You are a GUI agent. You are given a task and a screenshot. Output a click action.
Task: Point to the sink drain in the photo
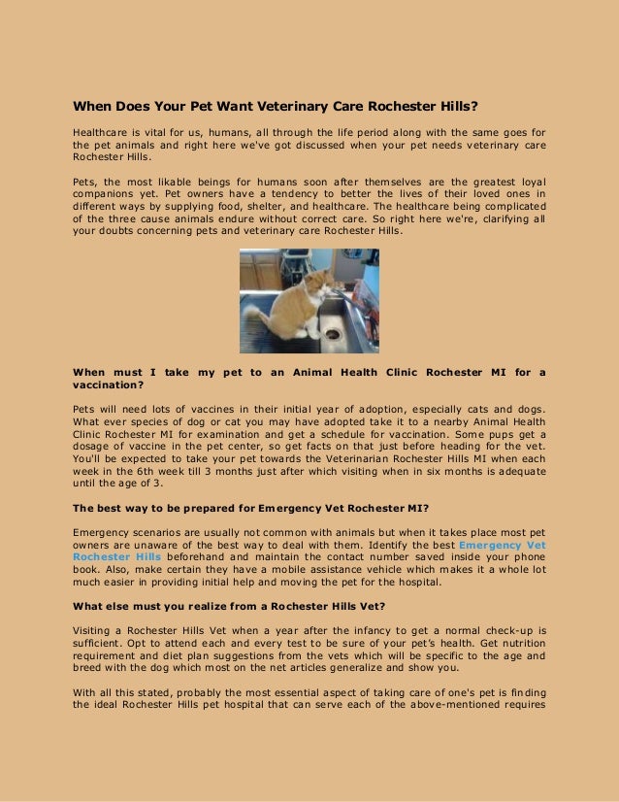(333, 333)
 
